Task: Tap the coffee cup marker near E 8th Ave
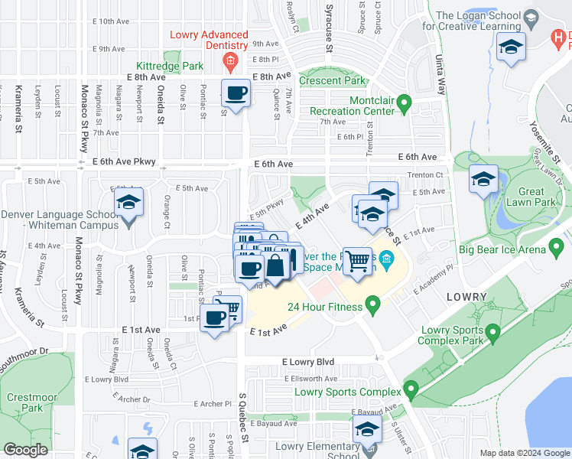click(x=236, y=94)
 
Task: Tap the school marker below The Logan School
click(x=510, y=48)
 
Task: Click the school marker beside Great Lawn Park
click(x=483, y=180)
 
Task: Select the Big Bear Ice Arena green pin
click(x=557, y=249)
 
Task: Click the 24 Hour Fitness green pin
click(x=373, y=307)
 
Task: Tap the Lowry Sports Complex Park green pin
click(x=493, y=333)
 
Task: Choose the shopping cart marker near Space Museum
click(x=357, y=261)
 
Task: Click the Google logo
click(x=25, y=451)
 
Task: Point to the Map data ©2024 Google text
click(x=524, y=453)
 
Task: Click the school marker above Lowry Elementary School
click(x=368, y=431)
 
